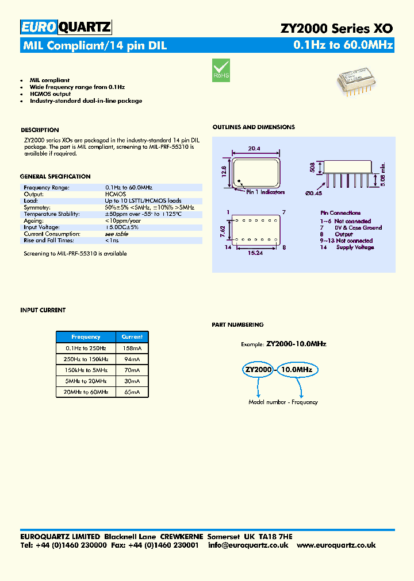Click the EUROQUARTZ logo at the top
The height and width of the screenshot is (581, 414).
tap(66, 27)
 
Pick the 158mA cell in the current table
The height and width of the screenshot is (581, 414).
tap(132, 348)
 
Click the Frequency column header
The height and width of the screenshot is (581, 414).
tap(86, 337)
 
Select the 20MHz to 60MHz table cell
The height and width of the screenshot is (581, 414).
tap(86, 392)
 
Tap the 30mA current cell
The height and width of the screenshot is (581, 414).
tap(132, 381)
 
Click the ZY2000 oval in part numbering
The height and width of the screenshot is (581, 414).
tap(259, 370)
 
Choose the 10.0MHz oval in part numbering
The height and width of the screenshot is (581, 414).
tap(296, 370)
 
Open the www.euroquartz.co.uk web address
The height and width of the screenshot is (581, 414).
tap(336, 545)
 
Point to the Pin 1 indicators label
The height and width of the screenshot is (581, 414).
tap(265, 192)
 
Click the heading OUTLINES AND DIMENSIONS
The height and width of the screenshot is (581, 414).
tap(253, 127)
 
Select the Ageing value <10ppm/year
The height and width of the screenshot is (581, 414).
tap(123, 220)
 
